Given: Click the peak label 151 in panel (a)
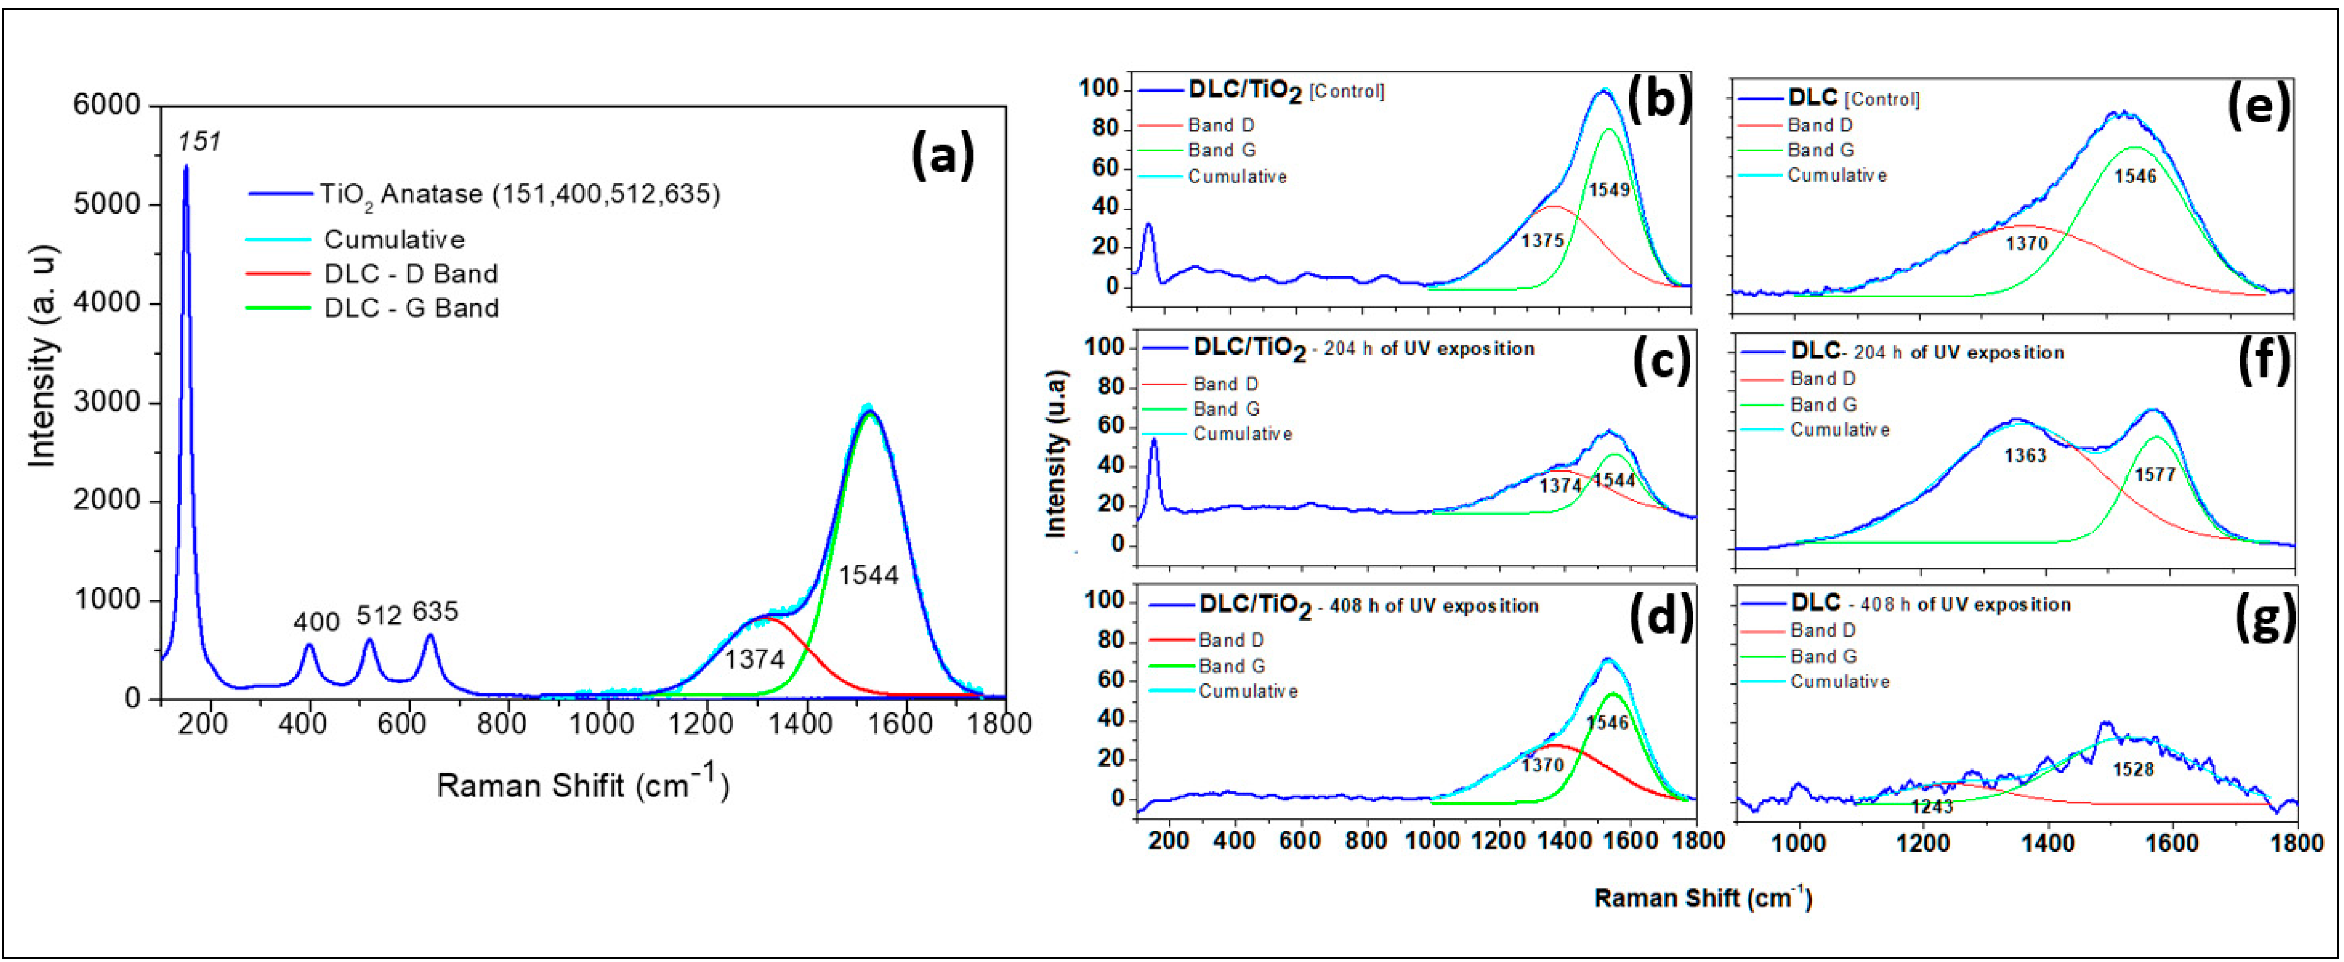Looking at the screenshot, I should [x=199, y=142].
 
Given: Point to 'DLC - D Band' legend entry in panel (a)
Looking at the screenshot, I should [x=411, y=274].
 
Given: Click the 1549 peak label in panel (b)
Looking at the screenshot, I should [x=1609, y=190].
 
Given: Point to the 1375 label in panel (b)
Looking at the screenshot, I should [x=1543, y=241].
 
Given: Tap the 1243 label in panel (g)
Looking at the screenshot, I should [x=1931, y=806].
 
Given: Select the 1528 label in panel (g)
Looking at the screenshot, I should [x=2133, y=769].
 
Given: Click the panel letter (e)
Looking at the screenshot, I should [x=2258, y=107].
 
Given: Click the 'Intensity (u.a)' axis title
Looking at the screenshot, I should [x=1055, y=453].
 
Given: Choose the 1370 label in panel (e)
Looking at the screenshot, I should [x=2026, y=244].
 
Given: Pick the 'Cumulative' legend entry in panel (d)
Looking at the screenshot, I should [x=1248, y=692].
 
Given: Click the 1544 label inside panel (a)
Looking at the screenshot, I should [x=868, y=575].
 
